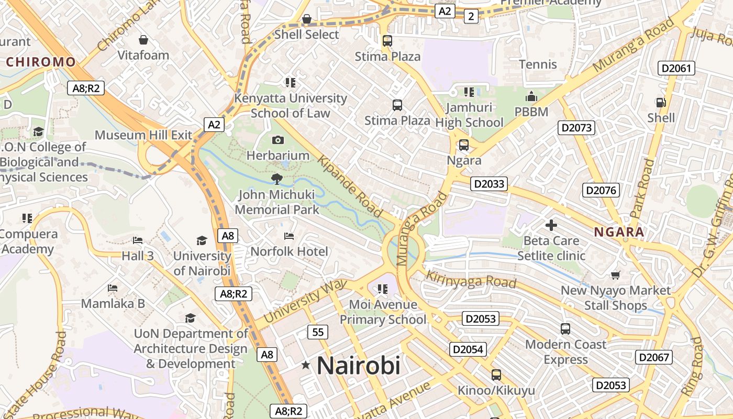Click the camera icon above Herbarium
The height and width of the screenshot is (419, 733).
click(278, 140)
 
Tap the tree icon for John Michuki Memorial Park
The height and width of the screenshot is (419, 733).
click(276, 179)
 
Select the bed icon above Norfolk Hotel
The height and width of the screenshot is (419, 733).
click(288, 236)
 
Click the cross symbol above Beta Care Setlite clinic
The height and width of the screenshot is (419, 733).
click(551, 225)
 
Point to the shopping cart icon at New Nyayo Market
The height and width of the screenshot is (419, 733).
click(616, 275)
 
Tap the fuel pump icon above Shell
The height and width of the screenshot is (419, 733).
click(661, 103)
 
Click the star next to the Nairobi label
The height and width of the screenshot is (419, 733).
click(306, 365)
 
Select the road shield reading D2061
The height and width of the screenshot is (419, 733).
click(676, 68)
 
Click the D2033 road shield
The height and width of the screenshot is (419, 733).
click(488, 183)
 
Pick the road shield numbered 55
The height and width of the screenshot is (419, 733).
click(318, 332)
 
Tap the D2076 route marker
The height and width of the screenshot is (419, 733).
click(602, 190)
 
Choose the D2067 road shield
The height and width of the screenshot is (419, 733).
click(653, 357)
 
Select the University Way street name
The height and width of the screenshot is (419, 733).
click(305, 301)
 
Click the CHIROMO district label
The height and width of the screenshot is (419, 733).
click(41, 62)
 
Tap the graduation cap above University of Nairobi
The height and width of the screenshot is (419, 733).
click(202, 240)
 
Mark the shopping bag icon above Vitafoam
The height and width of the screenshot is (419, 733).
click(143, 40)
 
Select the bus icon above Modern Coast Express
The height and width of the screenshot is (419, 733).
click(565, 329)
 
